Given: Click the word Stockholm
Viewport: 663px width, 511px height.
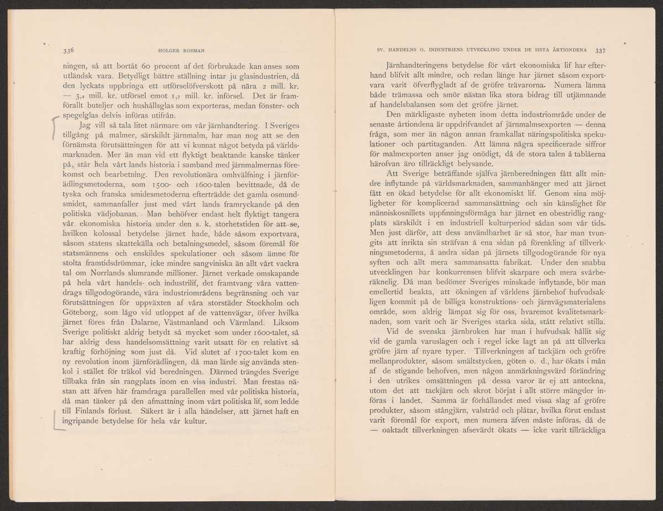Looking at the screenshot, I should coord(269,302).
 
